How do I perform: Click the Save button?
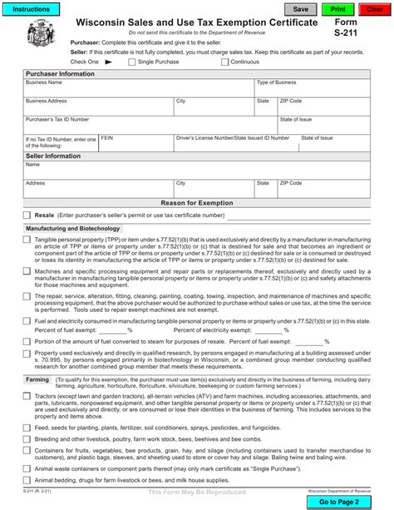(301, 9)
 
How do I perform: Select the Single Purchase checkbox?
(131, 62)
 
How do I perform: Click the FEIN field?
(135, 143)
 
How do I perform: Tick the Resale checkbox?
(27, 215)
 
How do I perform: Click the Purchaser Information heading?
(60, 73)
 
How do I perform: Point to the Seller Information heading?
(53, 156)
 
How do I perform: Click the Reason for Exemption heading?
(197, 203)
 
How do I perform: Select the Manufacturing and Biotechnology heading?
(73, 227)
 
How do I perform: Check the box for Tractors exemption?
(27, 396)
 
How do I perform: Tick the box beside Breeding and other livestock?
(27, 438)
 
